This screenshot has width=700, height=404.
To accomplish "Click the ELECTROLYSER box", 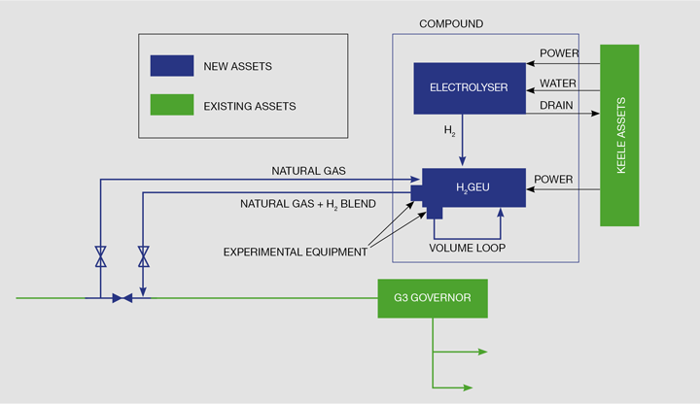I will point(469,87).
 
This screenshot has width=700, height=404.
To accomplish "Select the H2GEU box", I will point(473,187).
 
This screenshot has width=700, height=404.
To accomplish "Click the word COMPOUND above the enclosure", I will point(450,23).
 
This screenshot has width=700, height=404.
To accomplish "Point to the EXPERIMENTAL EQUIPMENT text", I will point(296,252).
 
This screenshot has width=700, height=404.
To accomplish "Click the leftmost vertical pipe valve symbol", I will point(100,256).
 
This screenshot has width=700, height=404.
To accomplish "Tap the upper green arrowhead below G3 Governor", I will point(482,353).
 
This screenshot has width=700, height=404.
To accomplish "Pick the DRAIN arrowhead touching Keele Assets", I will point(595,114).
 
